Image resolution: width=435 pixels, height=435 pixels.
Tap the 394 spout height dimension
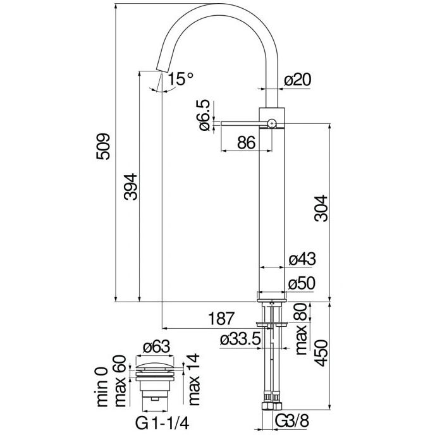(129, 187)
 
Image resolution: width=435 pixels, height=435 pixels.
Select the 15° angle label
(180, 80)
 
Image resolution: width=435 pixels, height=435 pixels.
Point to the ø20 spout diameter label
(298, 80)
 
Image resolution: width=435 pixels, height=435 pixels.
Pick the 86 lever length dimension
(245, 143)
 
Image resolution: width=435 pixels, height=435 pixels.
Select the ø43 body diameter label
(302, 259)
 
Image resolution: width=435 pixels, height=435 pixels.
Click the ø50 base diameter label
(302, 283)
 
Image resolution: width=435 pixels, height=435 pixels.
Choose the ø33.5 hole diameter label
(241, 340)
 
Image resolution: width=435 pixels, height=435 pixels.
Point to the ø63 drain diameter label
(156, 346)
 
